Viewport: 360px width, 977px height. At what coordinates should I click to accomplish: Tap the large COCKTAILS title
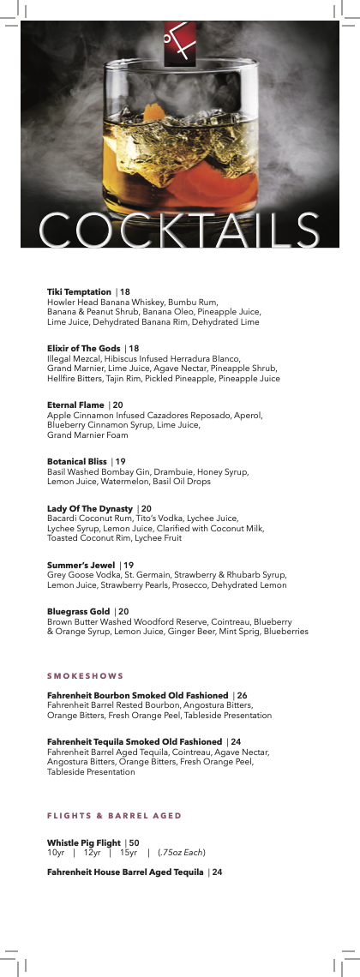179,230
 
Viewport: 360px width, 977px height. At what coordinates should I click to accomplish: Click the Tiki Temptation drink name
79,292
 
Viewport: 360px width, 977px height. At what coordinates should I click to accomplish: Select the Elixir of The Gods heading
83,348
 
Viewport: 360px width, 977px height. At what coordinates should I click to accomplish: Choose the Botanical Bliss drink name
76,462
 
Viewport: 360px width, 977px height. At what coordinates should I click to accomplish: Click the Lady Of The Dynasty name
89,509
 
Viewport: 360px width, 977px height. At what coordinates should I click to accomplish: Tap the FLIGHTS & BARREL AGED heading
114,814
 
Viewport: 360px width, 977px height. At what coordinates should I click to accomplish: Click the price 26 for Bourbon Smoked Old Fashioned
242,695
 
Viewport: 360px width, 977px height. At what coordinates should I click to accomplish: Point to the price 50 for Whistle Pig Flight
134,842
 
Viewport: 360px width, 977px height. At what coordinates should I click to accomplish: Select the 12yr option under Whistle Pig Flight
92,852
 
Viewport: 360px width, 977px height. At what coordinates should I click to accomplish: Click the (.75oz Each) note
182,852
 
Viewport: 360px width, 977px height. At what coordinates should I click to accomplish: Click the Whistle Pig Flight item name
83,842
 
